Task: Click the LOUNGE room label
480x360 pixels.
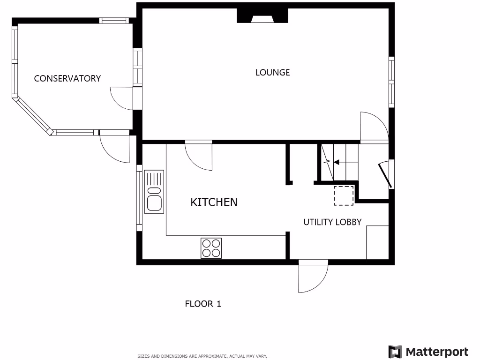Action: pos(272,72)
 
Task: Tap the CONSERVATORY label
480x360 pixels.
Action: pos(67,78)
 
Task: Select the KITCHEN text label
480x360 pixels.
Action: pos(214,202)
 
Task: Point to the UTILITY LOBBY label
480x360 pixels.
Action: pos(332,222)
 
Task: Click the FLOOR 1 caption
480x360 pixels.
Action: pos(202,304)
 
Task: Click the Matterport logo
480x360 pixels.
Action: pos(428,352)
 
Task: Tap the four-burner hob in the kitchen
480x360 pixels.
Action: pos(211,248)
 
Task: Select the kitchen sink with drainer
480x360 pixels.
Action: pos(154,191)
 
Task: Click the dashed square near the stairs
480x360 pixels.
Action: pos(344,195)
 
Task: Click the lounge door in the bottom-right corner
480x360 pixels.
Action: pos(373,127)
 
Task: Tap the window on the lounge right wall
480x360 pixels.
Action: pos(391,82)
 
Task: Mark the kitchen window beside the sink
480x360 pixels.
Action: pos(139,197)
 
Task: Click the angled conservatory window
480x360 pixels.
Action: pos(32,115)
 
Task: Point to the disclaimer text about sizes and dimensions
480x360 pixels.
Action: pos(202,356)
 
